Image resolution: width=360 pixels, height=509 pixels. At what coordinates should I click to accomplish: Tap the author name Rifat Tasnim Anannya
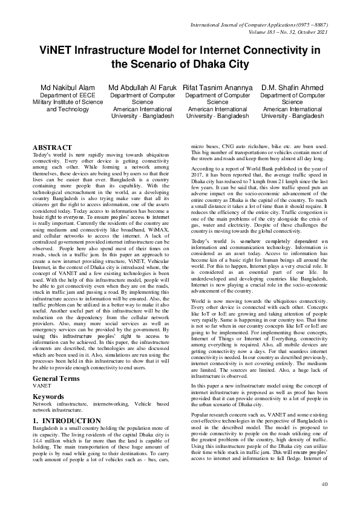pos(217,88)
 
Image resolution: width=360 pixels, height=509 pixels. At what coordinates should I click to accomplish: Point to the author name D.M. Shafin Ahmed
pos(292,88)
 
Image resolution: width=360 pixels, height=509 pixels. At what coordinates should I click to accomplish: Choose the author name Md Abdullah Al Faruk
pos(142,88)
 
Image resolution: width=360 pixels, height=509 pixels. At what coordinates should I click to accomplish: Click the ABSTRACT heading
pos(53,148)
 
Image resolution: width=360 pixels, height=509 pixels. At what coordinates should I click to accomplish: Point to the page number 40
pos(324,484)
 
